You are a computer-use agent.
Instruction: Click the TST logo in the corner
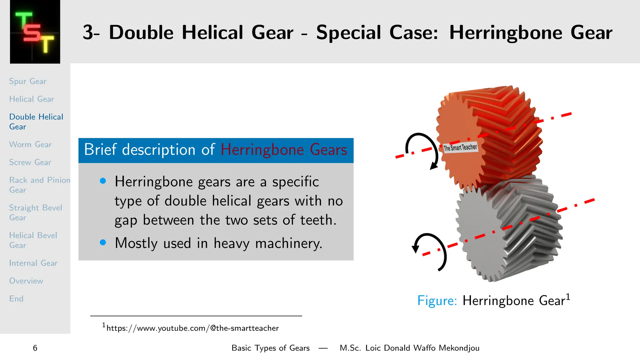[35, 32]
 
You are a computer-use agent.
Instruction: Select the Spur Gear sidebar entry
[27, 81]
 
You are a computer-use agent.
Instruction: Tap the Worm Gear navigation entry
[30, 144]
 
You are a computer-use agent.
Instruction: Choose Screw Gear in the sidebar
[30, 162]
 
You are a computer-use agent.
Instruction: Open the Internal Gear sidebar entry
[33, 263]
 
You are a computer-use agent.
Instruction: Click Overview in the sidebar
[26, 281]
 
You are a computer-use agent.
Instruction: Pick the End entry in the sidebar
[16, 299]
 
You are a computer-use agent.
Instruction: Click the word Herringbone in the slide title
[506, 32]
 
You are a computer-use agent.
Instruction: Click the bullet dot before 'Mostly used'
[103, 242]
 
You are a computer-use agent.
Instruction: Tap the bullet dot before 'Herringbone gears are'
[103, 181]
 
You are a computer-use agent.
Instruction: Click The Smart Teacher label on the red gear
[460, 147]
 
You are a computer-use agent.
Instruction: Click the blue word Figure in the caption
[437, 301]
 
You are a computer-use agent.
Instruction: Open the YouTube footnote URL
[192, 328]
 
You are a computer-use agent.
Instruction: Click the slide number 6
[35, 348]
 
